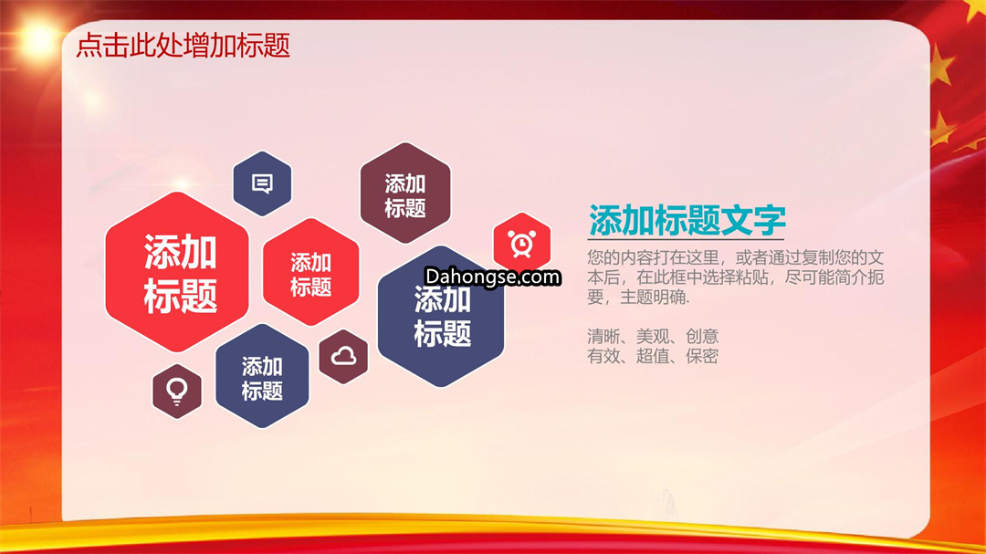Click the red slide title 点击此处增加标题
click(x=183, y=46)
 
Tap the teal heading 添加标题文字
click(x=687, y=220)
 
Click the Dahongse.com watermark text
click(x=492, y=277)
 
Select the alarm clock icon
click(x=522, y=244)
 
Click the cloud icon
click(x=343, y=357)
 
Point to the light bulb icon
click(x=177, y=392)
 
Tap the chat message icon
click(x=262, y=183)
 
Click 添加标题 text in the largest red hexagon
click(x=181, y=274)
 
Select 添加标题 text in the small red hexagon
click(x=310, y=274)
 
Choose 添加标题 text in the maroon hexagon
click(x=405, y=195)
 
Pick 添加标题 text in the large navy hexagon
click(x=442, y=317)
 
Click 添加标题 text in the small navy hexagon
click(x=262, y=378)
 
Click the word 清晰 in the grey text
click(x=603, y=336)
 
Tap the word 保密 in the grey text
click(x=702, y=356)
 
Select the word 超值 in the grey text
click(x=653, y=356)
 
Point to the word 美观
click(x=653, y=336)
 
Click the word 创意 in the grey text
click(x=702, y=336)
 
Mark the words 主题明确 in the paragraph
click(x=653, y=297)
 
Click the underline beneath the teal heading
click(x=686, y=239)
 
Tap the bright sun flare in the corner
click(x=37, y=39)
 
